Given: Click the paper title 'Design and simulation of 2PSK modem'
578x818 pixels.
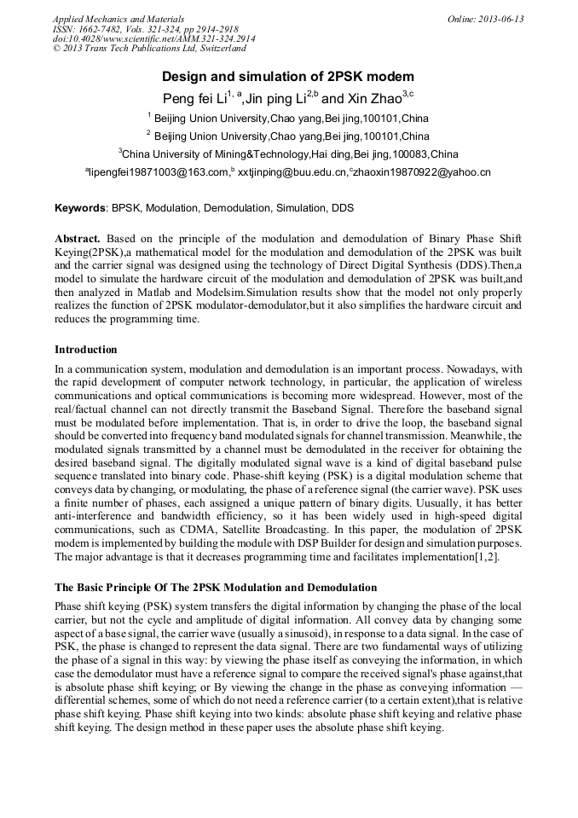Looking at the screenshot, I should point(288,76).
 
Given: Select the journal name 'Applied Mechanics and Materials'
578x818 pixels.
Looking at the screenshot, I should point(118,19).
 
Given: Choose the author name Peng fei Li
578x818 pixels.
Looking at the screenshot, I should point(194,99).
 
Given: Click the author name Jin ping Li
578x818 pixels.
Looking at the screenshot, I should point(275,99).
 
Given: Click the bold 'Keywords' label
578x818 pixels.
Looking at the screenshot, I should point(80,208).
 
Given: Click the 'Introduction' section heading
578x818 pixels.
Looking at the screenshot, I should point(86,350).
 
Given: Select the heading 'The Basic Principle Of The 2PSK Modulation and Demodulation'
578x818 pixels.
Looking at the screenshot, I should point(215,588).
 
